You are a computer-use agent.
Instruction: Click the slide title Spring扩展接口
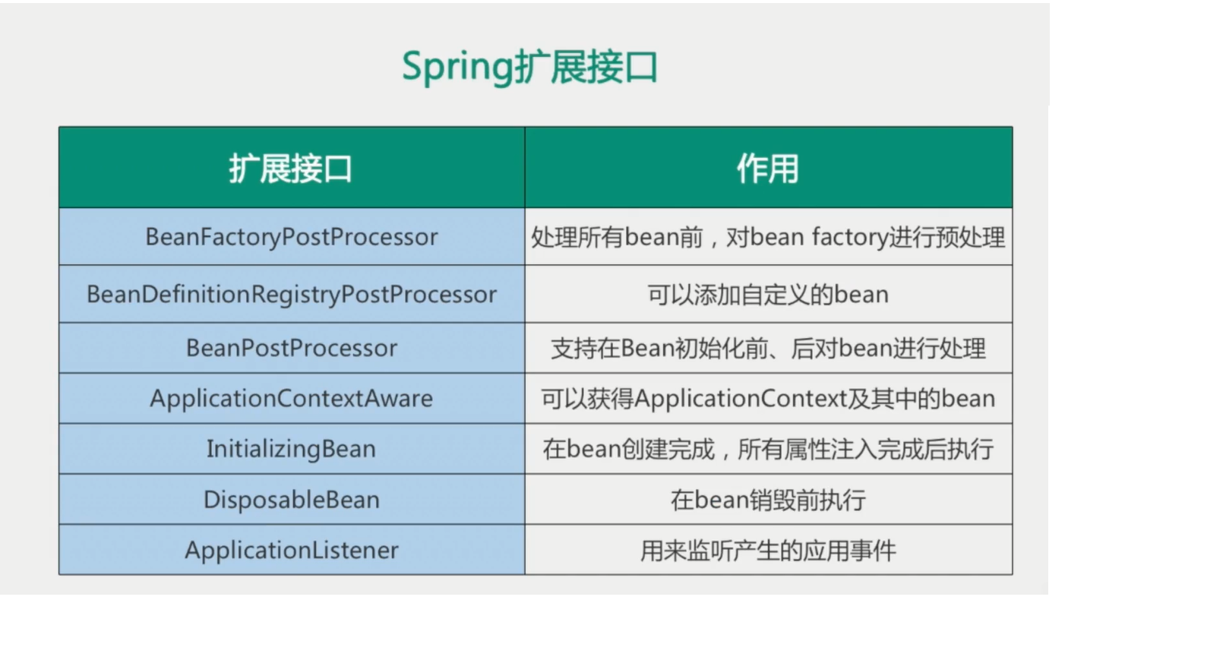pos(529,67)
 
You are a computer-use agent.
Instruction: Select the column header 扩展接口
pos(291,169)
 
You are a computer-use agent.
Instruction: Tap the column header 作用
pos(768,169)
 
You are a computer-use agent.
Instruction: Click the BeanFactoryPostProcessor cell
pos(291,237)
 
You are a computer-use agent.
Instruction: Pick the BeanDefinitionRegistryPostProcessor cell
pos(292,295)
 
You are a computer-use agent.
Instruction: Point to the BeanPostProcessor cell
pos(292,348)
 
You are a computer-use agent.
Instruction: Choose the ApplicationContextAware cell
pos(291,399)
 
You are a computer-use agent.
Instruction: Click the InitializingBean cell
pos(291,449)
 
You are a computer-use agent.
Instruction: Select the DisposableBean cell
pos(292,500)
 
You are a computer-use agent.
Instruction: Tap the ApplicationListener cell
pos(292,550)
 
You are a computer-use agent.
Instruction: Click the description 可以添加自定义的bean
pos(768,295)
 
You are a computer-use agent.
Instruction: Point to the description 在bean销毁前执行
pos(768,500)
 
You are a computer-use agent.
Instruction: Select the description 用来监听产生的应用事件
pos(768,550)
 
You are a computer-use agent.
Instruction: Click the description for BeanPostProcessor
pos(768,348)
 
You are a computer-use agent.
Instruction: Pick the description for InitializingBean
pos(768,449)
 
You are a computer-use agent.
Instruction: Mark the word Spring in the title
pos(457,68)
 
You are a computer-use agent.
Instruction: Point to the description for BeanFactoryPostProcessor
pos(768,237)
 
